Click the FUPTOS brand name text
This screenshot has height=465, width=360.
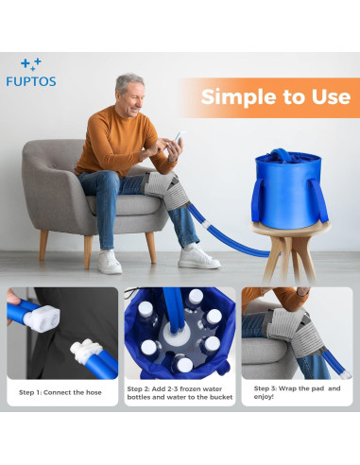(39, 81)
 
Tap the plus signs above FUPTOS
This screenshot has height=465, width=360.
(31, 63)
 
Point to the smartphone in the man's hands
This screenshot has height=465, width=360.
(178, 141)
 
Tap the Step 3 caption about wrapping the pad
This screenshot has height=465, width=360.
(297, 391)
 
